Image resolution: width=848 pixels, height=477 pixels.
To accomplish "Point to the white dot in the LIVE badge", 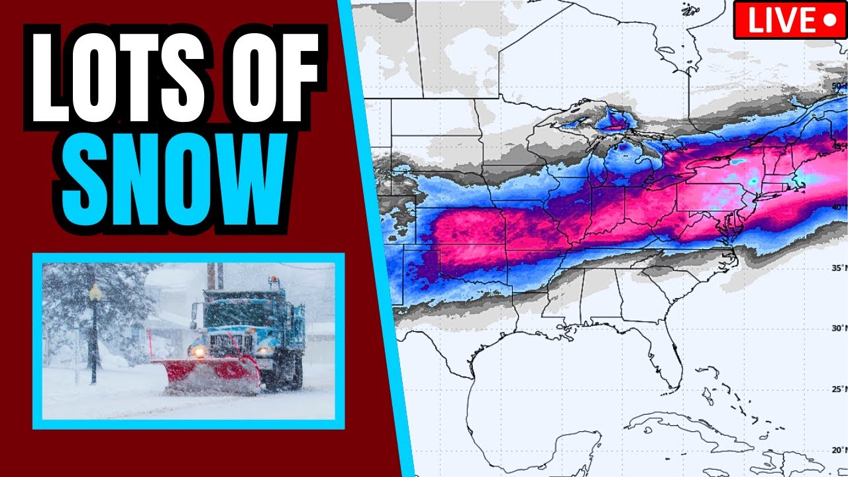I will tap(829, 21).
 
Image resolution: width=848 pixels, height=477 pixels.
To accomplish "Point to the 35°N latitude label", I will tap(836, 268).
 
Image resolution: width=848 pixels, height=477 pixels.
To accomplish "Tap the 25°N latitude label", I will tap(836, 389).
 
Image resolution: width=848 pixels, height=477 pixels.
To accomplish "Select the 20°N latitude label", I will tap(836, 450).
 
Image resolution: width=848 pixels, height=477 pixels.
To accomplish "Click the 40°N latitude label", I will tap(836, 207).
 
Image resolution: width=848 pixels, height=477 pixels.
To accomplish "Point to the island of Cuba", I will tap(689, 424).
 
